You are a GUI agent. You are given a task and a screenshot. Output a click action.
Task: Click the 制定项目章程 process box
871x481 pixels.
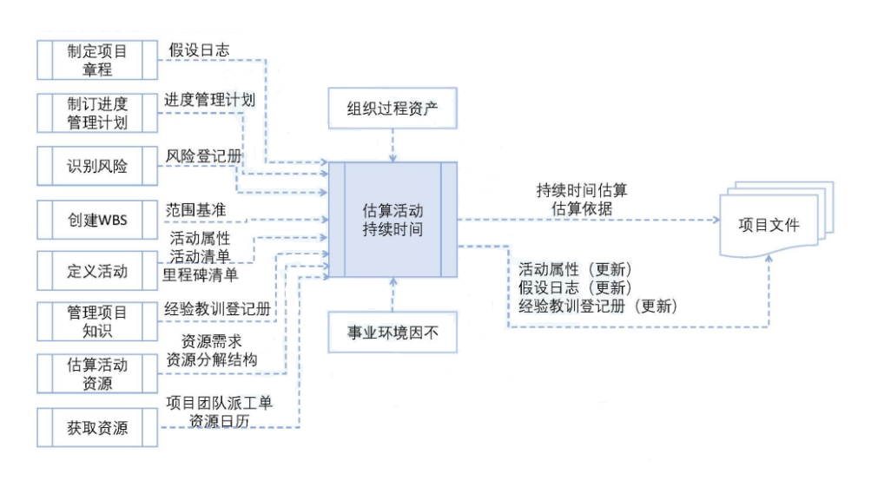96,60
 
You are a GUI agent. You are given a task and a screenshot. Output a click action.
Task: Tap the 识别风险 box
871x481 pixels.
96,166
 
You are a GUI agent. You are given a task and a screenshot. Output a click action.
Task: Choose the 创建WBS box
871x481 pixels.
96,219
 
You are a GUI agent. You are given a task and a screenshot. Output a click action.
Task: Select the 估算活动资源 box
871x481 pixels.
96,373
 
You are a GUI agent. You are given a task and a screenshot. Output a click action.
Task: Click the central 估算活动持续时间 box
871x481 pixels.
393,220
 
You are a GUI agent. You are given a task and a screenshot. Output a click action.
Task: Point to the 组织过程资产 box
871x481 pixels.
394,111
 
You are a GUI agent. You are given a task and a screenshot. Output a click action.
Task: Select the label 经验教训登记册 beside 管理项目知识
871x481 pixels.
219,308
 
